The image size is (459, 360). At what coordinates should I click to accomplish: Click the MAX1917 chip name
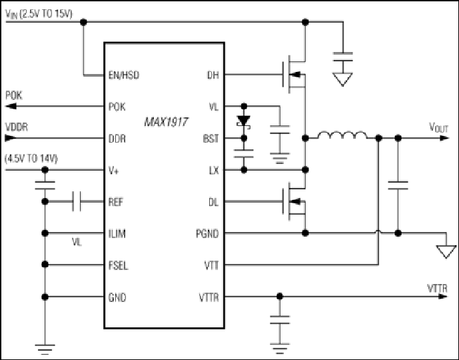click(166, 122)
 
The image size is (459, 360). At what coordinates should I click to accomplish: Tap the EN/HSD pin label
click(124, 75)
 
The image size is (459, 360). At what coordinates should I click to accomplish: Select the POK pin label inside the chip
click(117, 107)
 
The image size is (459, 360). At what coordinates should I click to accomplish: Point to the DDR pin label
click(117, 139)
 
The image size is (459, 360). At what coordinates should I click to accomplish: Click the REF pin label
click(116, 202)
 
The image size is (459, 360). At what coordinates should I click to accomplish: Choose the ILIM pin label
click(117, 234)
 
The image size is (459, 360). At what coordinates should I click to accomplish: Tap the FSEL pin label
click(119, 266)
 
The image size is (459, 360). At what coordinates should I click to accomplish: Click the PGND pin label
click(207, 234)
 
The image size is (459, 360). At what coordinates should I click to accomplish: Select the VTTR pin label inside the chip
click(209, 297)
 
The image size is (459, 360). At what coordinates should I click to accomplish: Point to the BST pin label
click(211, 139)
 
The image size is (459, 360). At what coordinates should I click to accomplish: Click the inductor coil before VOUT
click(342, 135)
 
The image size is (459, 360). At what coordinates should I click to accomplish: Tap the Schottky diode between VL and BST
click(244, 121)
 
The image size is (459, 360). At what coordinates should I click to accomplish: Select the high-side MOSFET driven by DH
click(294, 75)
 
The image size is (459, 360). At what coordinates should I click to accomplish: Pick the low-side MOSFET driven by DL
click(294, 201)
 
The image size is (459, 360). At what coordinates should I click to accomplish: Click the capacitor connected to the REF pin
click(77, 201)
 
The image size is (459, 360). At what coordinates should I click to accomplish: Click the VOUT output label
click(438, 128)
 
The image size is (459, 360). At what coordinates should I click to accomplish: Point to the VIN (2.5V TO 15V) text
click(39, 15)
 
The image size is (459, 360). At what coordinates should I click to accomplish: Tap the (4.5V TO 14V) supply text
click(31, 159)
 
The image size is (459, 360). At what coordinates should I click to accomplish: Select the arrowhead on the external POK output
click(11, 106)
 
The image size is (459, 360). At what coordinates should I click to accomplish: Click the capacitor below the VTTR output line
click(280, 320)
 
